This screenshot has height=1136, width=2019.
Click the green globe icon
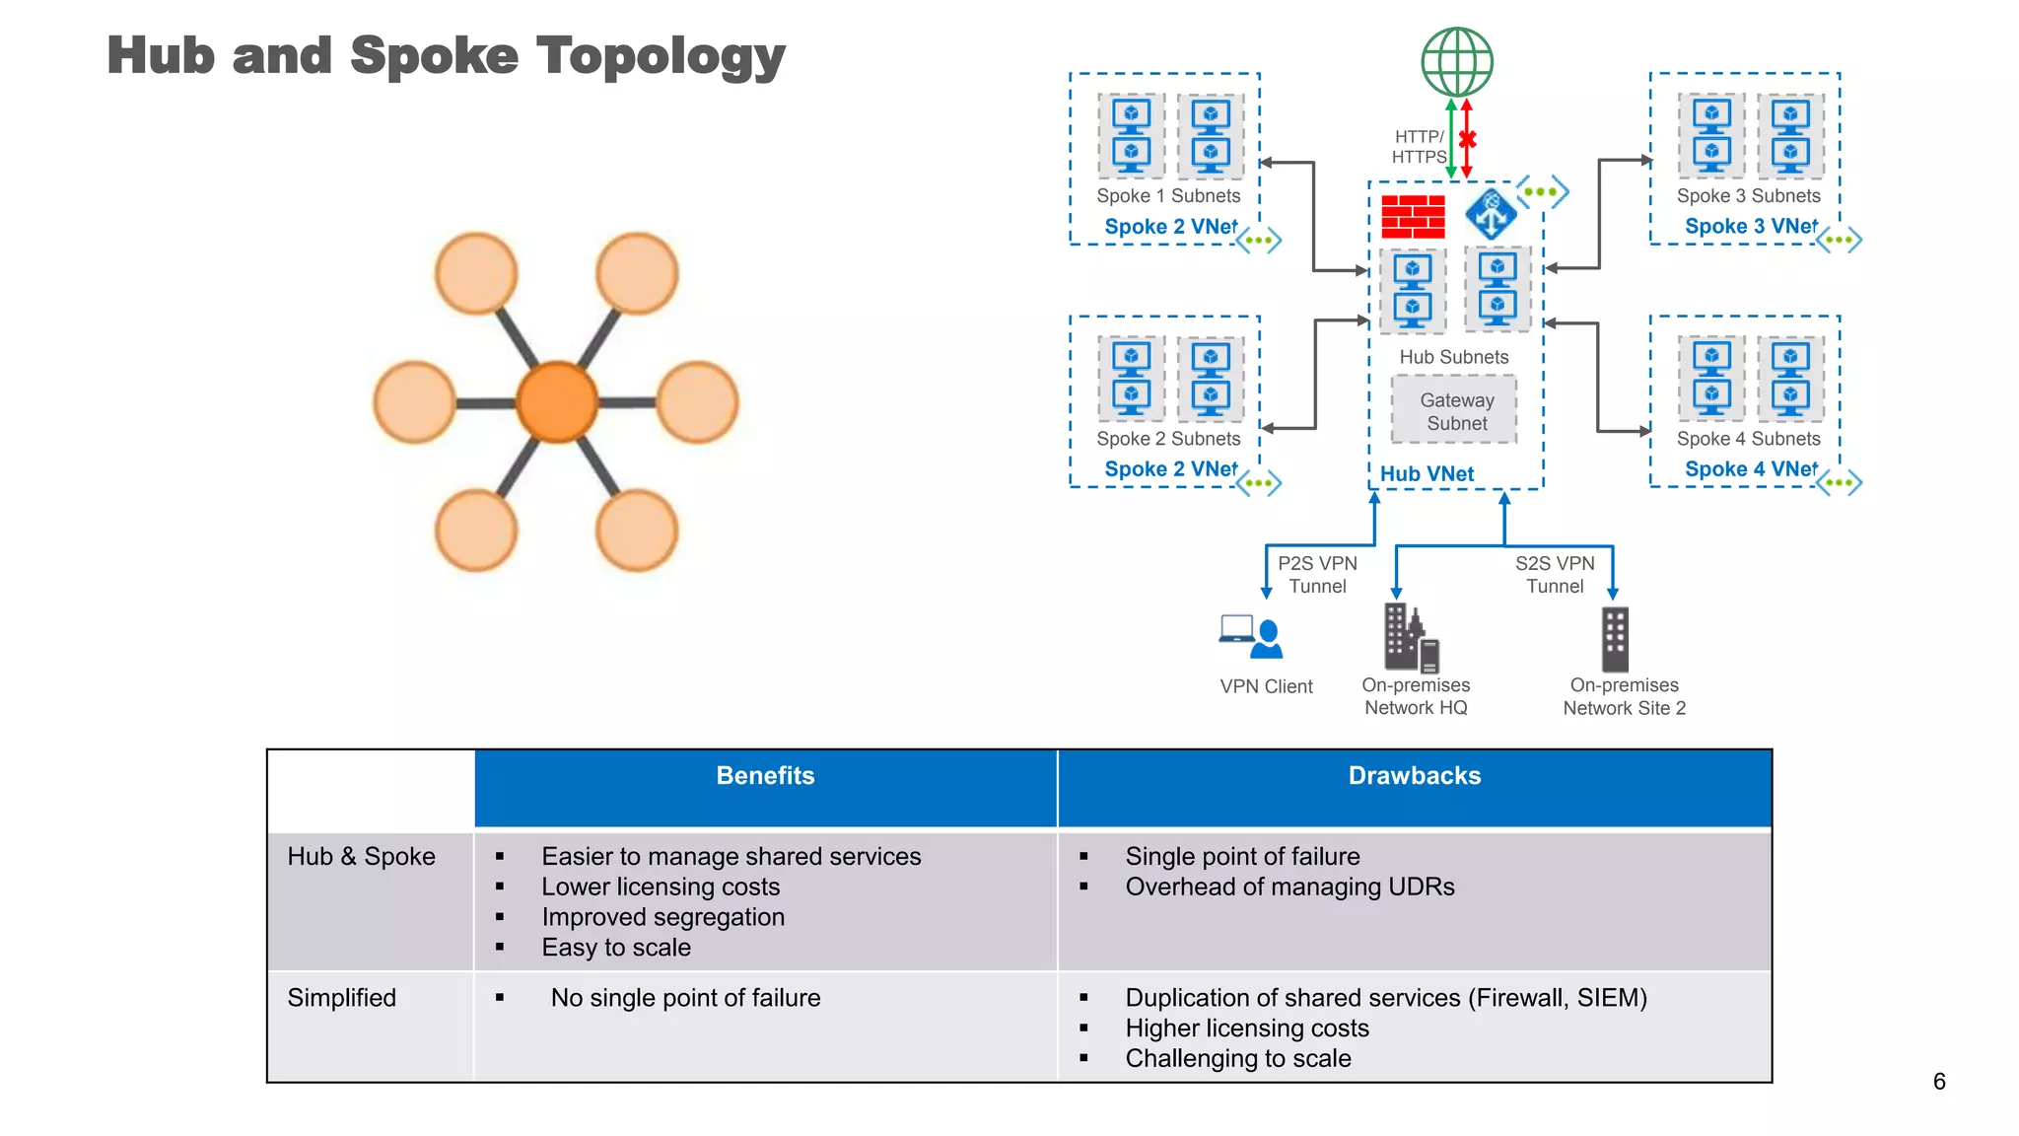(1456, 61)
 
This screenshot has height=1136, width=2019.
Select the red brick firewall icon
(1413, 217)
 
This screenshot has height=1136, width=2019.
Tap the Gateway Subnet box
(1456, 411)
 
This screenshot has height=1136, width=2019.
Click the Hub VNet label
(1427, 474)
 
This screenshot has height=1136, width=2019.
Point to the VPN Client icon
(1251, 637)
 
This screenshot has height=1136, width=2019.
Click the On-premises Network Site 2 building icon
(1615, 639)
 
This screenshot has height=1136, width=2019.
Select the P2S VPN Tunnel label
(1317, 575)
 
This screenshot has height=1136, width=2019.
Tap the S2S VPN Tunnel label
(1555, 575)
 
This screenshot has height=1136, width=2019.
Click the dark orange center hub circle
(557, 401)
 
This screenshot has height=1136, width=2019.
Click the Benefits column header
(765, 776)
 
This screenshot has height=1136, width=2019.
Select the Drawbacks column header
(1414, 776)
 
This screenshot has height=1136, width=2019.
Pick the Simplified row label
(342, 998)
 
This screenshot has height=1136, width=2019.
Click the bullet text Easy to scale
(616, 948)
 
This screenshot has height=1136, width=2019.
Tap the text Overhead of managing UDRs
(1289, 887)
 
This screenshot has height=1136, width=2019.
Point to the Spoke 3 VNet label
(1751, 227)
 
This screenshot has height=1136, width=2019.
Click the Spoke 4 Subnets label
(1748, 439)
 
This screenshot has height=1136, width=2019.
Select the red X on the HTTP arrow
(1467, 139)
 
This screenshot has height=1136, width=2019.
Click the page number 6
(1938, 1082)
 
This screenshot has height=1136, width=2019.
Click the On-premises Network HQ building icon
(1411, 638)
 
